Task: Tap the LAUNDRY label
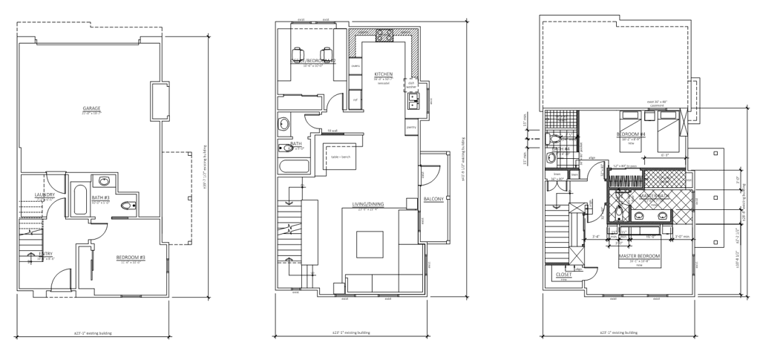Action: click(34, 196)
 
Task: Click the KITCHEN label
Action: click(383, 74)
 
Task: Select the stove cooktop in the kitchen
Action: click(385, 35)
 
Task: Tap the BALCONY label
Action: click(433, 198)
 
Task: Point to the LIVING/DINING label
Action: click(367, 206)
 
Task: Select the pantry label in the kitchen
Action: click(410, 127)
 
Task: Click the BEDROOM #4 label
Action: click(632, 134)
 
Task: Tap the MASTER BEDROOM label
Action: click(639, 256)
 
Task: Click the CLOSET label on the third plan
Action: click(563, 273)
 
